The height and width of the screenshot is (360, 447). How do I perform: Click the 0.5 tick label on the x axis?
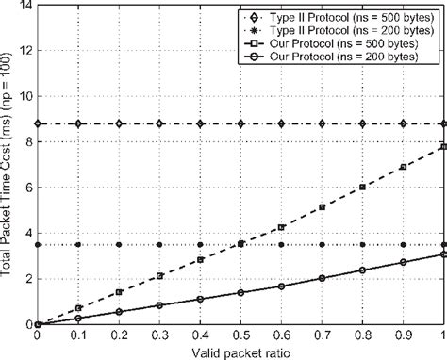pyautogui.click(x=240, y=334)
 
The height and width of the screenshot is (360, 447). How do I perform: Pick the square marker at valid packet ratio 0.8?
pyautogui.click(x=362, y=188)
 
